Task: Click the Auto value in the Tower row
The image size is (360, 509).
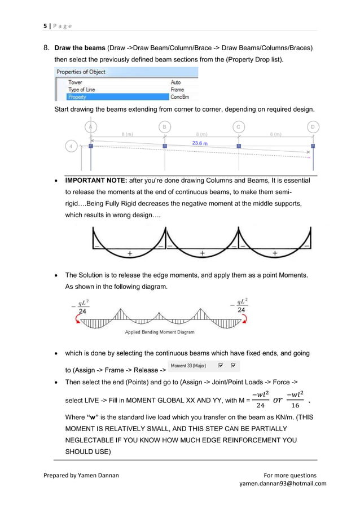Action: (175, 82)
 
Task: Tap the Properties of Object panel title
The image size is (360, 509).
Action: (80, 72)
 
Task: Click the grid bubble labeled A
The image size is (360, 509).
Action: (90, 127)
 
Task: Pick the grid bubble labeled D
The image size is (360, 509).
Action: (313, 127)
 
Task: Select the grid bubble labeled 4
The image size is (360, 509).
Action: (71, 146)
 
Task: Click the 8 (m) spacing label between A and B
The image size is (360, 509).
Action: (127, 134)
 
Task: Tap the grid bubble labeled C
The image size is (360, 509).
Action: (239, 127)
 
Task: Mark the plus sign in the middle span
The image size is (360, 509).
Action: (202, 253)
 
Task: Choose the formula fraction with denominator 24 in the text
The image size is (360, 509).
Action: (260, 400)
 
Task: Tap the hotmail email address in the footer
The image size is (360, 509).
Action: (283, 484)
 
